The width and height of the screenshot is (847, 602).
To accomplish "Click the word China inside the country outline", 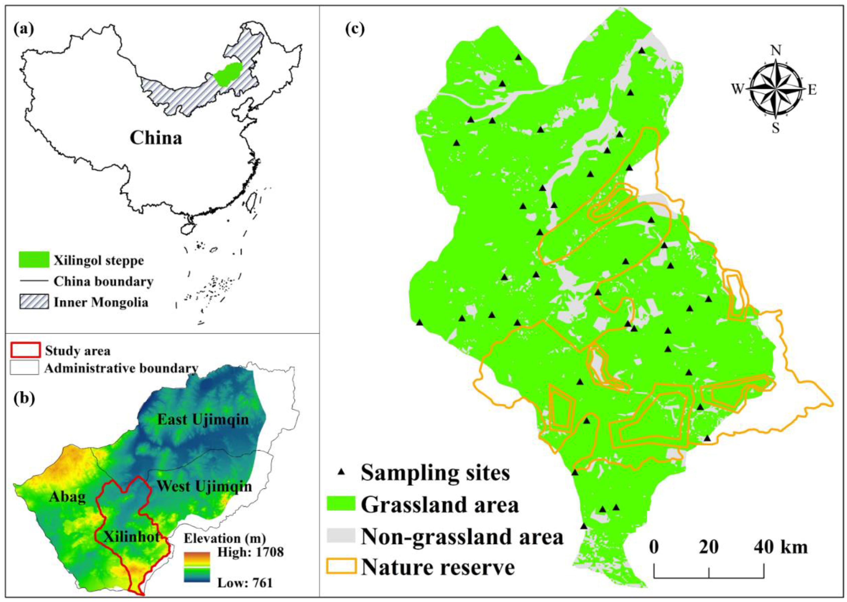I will [156, 138].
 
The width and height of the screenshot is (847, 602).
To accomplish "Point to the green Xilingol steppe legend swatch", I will [34, 259].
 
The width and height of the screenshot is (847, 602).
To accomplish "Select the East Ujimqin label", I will [203, 420].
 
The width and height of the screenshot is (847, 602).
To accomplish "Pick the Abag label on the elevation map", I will [67, 497].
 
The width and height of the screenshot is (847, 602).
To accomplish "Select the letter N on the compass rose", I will [776, 50].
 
